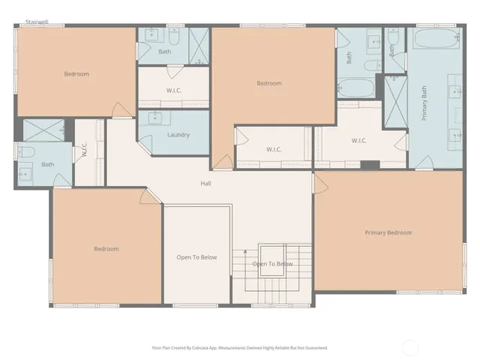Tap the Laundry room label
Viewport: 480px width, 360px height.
pyautogui.click(x=178, y=135)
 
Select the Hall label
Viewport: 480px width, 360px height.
pyautogui.click(x=205, y=183)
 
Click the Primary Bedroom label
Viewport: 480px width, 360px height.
pyautogui.click(x=388, y=232)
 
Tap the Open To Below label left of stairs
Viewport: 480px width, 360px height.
pyautogui.click(x=196, y=257)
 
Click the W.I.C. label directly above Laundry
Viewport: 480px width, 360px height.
pyautogui.click(x=174, y=91)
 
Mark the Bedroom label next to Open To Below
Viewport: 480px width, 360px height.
pyautogui.click(x=106, y=249)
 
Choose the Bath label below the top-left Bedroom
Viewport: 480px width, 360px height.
pyautogui.click(x=48, y=164)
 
